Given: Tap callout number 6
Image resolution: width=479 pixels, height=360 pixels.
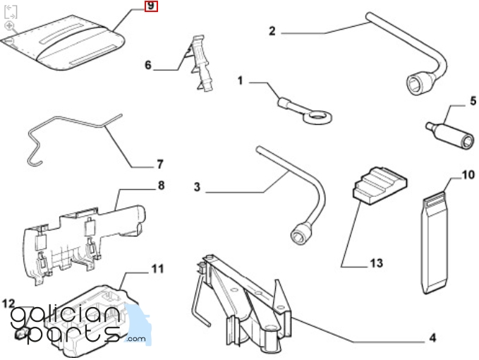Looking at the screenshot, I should (x=148, y=65).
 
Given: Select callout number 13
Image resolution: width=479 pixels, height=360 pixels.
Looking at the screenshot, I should (x=376, y=264).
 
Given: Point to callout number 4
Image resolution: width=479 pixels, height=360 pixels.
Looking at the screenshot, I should (x=432, y=337).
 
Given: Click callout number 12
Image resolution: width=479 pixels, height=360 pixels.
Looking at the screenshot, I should (x=8, y=304).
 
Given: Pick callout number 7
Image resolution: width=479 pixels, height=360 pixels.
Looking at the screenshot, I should (x=159, y=164).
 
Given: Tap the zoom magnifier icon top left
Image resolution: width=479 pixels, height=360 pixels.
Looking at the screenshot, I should (x=10, y=26).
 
